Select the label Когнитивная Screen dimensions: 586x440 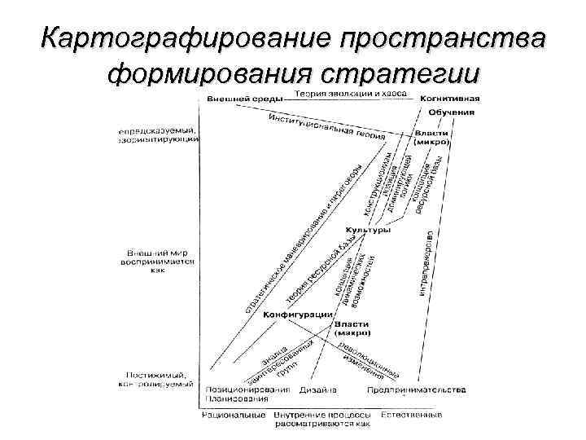(x=449, y=98)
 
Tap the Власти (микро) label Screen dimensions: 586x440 (x=431, y=137)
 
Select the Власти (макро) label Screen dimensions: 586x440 (x=352, y=328)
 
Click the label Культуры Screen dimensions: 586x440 (x=368, y=230)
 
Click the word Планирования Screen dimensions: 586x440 (x=237, y=398)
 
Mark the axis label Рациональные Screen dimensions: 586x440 (x=234, y=415)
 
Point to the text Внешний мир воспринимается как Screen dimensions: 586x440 (x=159, y=260)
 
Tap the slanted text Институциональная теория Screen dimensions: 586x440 (x=326, y=125)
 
